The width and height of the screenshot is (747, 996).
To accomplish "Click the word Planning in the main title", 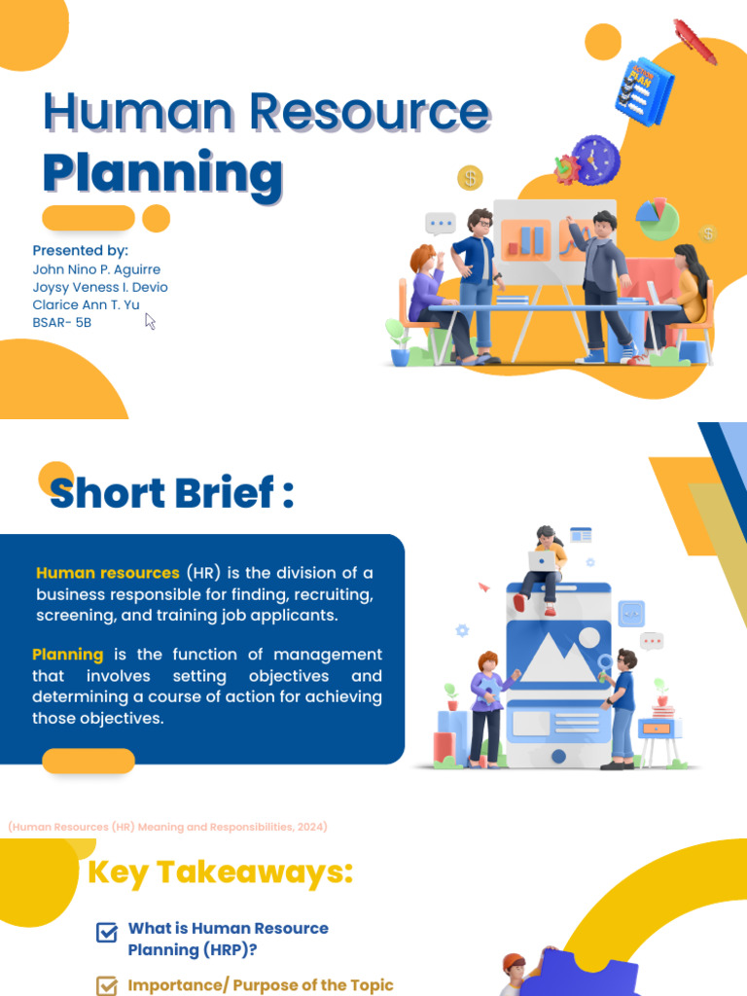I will [162, 174].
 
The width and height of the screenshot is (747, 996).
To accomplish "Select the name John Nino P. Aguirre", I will [96, 269].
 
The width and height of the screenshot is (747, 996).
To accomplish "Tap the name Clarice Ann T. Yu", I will [86, 304].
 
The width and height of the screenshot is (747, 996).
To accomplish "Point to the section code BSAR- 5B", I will [61, 322].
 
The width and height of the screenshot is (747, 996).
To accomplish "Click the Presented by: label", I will [81, 251].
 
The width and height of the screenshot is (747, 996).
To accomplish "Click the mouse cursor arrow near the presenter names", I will [150, 321].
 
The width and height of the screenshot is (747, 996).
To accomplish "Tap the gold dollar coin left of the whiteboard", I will [470, 178].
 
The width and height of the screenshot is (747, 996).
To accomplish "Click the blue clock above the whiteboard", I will [595, 159].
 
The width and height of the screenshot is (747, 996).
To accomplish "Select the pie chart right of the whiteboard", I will [657, 219].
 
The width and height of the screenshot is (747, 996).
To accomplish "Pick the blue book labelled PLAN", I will [644, 89].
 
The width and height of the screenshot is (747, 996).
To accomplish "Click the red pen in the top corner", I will [694, 42].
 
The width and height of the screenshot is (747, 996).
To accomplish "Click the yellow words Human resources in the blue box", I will [108, 573].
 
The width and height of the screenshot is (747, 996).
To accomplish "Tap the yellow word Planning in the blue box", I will [67, 655].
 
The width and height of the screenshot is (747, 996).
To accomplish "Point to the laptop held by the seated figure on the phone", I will [542, 560].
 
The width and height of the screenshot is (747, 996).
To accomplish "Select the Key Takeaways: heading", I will [220, 872].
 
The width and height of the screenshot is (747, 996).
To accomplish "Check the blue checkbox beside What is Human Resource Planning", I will [107, 933].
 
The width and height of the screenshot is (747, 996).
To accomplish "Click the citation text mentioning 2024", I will [167, 827].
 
